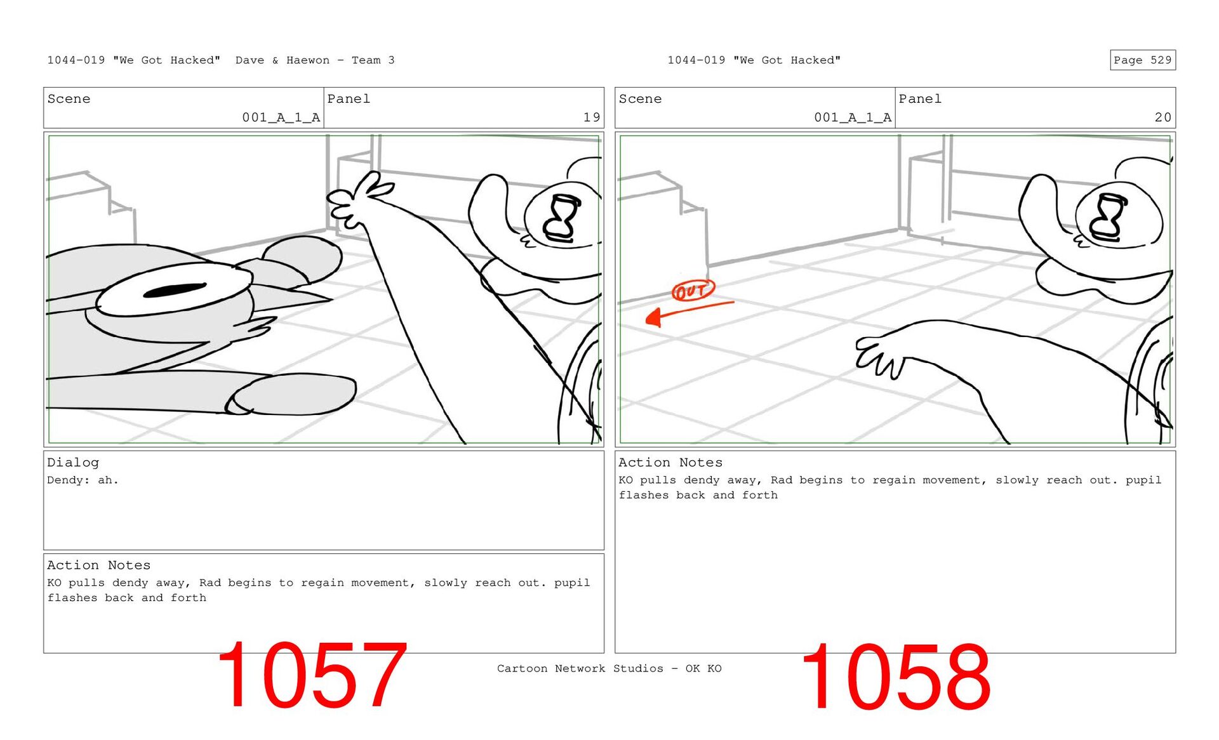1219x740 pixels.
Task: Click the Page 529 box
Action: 1142,60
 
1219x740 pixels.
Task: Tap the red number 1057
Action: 311,675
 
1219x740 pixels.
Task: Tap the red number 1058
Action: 895,677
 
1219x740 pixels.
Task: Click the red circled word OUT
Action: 693,291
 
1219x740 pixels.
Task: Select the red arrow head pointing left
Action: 654,317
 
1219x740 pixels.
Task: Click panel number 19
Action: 592,117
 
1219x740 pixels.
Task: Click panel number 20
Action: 1163,117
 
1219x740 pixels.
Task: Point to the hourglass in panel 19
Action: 562,218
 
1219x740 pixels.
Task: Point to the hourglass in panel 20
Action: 1108,217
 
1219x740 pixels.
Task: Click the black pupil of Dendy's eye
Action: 175,290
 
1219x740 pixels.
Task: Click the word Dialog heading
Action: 73,463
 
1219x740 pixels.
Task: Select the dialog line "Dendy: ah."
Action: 83,480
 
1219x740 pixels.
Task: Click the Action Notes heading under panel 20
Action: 670,463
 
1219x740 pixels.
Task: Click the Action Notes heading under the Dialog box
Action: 98,565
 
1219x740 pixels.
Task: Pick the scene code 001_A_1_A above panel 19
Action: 281,117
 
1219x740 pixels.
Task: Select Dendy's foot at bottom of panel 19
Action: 292,395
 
